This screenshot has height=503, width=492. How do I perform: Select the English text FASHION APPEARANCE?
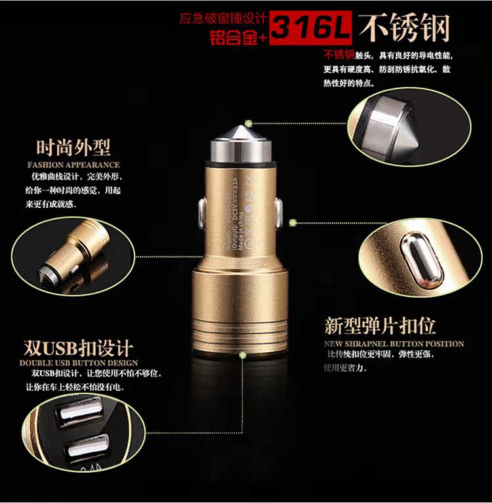(73, 165)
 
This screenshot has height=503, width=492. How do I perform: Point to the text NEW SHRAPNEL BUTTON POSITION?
(394, 344)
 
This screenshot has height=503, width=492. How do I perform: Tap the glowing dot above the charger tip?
(249, 123)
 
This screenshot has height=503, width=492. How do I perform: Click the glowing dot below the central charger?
(243, 356)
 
